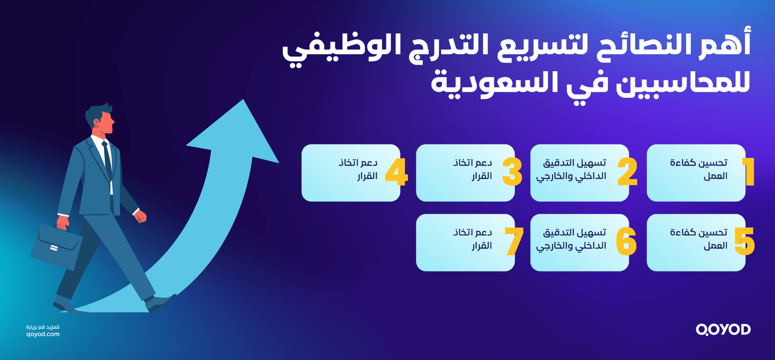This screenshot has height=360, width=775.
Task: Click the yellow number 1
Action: pyautogui.click(x=749, y=171)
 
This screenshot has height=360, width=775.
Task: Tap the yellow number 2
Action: pyautogui.click(x=627, y=172)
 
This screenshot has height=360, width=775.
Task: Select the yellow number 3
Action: pyautogui.click(x=512, y=172)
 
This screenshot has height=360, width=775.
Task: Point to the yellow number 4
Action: pyautogui.click(x=396, y=172)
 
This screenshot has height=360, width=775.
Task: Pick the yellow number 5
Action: pyautogui.click(x=744, y=241)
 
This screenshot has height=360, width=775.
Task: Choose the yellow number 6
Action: pyautogui.click(x=626, y=241)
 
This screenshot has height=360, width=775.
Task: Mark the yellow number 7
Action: pyautogui.click(x=514, y=241)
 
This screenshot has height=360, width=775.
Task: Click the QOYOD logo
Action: pyautogui.click(x=723, y=329)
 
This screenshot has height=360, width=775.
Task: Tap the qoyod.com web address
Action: pyautogui.click(x=43, y=334)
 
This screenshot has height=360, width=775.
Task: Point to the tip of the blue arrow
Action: pyautogui.click(x=243, y=101)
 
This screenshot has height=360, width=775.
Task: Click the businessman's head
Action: pyautogui.click(x=100, y=119)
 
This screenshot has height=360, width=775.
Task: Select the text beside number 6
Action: pyautogui.click(x=571, y=239)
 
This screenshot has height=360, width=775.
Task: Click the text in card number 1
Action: pyautogui.click(x=699, y=169)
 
